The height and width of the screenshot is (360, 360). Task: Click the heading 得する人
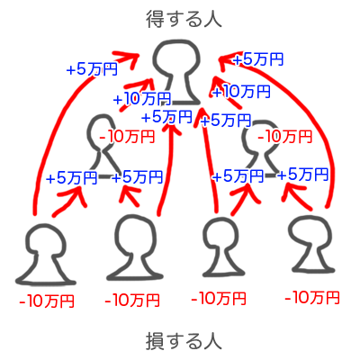(184, 19)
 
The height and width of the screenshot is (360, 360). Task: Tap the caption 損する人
(184, 341)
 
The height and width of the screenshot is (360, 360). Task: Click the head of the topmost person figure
(176, 58)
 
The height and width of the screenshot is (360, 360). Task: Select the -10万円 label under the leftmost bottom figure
(47, 301)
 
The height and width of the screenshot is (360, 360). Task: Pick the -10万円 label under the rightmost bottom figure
(312, 298)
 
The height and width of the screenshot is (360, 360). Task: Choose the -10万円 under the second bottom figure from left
(132, 301)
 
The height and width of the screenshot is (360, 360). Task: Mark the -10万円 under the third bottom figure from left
(219, 299)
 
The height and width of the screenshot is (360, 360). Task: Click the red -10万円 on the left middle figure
(127, 137)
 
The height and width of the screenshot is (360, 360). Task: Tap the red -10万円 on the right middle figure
(284, 137)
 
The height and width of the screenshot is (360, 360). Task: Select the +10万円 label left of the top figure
(142, 99)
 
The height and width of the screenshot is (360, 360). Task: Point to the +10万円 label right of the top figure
(241, 92)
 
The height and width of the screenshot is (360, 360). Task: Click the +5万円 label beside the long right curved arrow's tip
(258, 59)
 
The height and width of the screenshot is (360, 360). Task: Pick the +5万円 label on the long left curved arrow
(92, 69)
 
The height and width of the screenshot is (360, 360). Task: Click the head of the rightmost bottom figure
(310, 232)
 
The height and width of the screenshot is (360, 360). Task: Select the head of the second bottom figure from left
(137, 235)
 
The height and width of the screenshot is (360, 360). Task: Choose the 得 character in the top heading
(156, 19)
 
